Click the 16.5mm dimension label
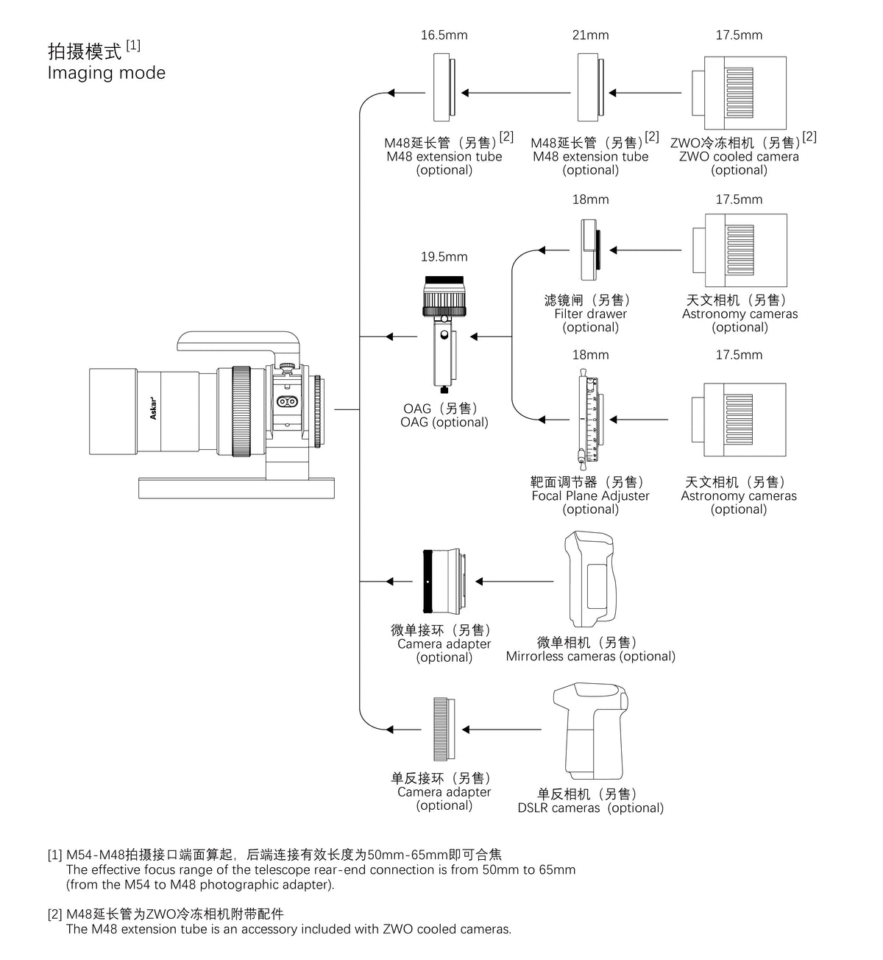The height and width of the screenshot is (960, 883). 444,35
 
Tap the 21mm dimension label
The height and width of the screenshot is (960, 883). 590,35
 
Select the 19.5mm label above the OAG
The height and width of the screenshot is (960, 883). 444,257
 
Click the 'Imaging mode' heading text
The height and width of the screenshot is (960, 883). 107,73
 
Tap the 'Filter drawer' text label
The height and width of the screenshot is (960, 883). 590,314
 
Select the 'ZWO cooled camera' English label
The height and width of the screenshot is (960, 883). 739,157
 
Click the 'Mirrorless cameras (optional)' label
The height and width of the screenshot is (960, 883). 590,657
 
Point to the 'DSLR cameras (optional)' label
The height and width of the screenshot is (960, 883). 590,808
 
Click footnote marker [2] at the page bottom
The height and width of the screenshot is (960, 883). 55,914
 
